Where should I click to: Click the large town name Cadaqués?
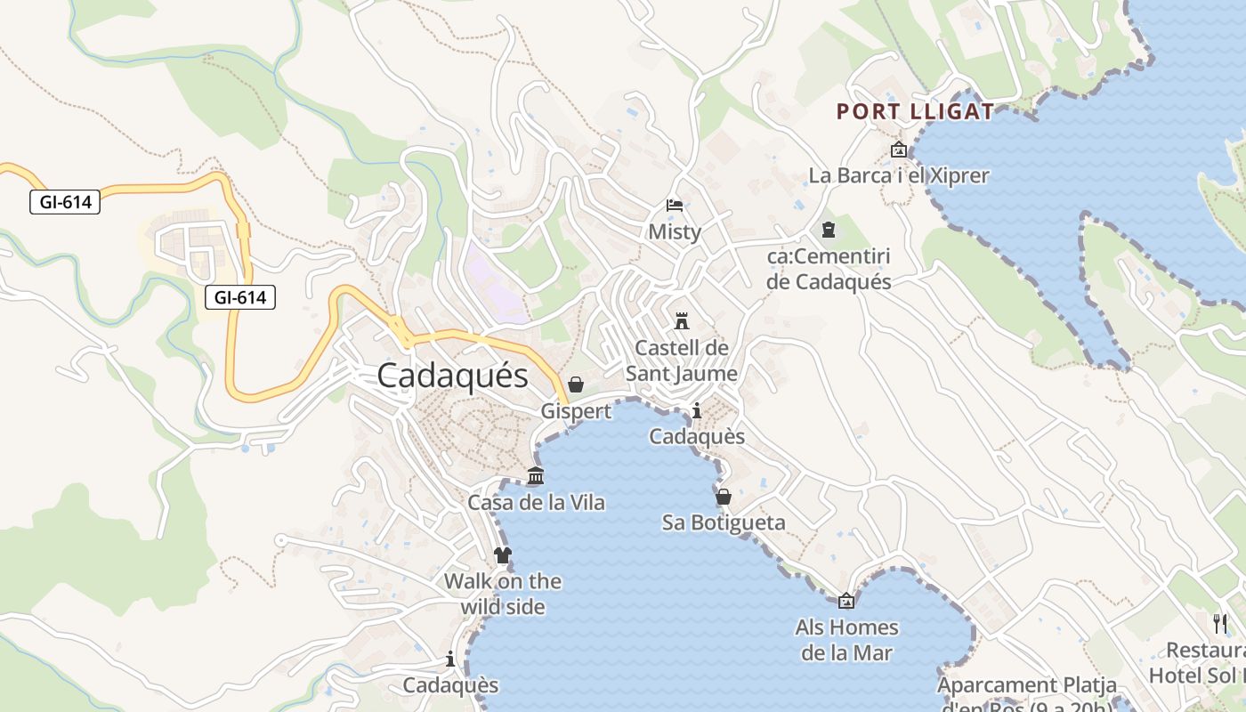click(452, 376)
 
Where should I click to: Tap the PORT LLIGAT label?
click(915, 112)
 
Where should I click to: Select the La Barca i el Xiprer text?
click(898, 175)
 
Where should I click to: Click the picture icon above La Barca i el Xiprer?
click(898, 150)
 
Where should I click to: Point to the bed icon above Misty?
click(675, 206)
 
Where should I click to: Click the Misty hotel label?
click(675, 232)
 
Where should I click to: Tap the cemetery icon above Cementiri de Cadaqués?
click(829, 231)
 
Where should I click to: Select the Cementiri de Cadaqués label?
click(829, 270)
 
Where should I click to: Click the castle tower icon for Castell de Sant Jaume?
click(682, 320)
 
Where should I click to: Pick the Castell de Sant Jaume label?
click(682, 360)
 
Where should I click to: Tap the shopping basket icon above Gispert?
click(576, 384)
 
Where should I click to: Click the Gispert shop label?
click(576, 411)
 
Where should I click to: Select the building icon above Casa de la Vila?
click(536, 476)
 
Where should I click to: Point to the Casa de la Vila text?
click(536, 503)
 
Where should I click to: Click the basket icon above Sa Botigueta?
click(724, 497)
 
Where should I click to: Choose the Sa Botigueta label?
click(724, 522)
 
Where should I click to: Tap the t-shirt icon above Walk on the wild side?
click(503, 555)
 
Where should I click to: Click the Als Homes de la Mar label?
click(846, 640)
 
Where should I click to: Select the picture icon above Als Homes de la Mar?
click(846, 601)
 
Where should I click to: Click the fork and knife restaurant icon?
click(1219, 623)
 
